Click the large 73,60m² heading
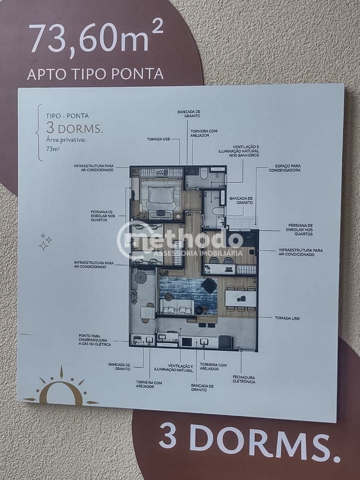(96, 38)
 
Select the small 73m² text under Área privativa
(52, 149)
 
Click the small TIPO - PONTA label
(67, 116)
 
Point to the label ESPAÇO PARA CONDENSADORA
(284, 168)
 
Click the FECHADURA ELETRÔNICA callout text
(244, 379)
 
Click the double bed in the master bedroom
(160, 197)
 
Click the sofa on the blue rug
(176, 307)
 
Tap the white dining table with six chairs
(240, 298)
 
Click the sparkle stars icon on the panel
(45, 241)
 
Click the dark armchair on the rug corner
(209, 286)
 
